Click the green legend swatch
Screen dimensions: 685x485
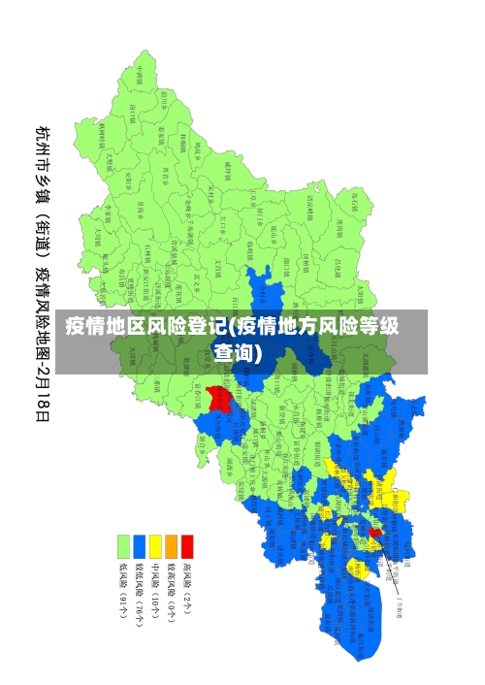tap(123, 545)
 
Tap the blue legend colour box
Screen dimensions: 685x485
tap(139, 545)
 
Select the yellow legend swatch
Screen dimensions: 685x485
tap(155, 545)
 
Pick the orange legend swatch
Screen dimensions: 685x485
tap(171, 545)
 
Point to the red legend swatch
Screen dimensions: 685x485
tap(187, 545)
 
